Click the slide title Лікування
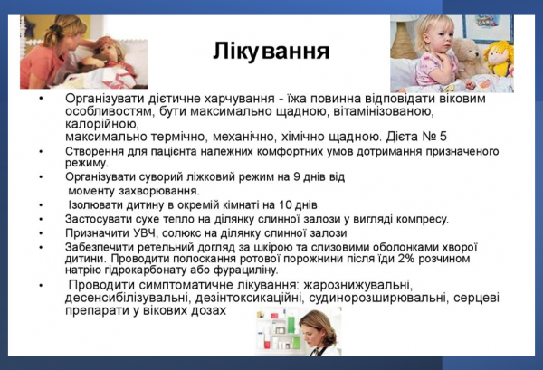click(x=271, y=51)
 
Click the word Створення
click(x=95, y=150)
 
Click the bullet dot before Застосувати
click(x=42, y=219)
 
